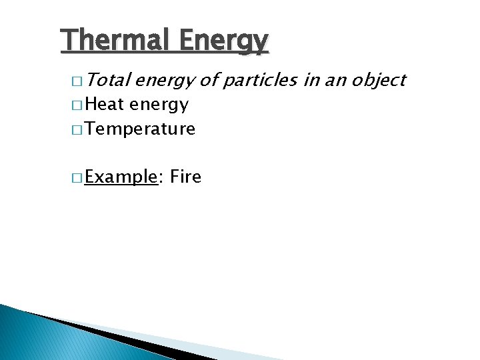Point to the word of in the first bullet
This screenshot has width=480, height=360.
click(x=209, y=81)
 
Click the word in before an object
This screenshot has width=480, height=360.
click(x=311, y=81)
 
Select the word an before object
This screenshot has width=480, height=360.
click(x=334, y=81)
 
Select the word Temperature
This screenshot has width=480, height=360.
click(x=140, y=129)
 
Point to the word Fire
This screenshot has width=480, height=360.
click(x=185, y=177)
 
